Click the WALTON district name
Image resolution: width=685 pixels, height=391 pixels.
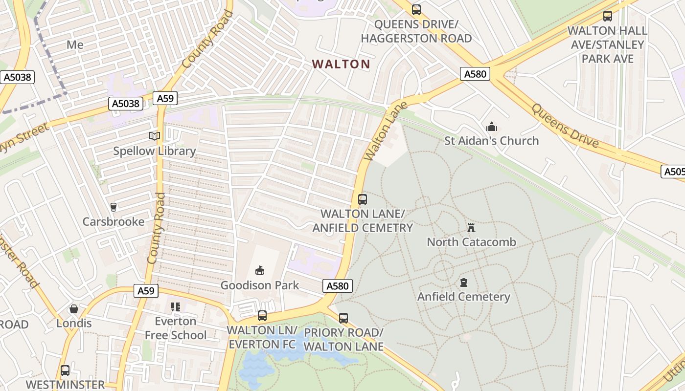pos(341,64)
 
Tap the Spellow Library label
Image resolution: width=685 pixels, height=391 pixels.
pos(155,151)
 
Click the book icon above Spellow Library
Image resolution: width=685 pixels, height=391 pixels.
pos(155,136)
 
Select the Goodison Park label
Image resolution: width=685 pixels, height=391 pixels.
pos(259,285)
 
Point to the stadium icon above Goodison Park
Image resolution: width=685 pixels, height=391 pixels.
pos(259,270)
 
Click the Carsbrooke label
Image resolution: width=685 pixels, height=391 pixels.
pos(114,221)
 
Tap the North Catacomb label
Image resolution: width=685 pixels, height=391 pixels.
pos(471,242)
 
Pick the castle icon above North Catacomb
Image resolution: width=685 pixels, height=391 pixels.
pos(471,227)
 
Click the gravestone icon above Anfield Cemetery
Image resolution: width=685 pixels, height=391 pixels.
pos(464,282)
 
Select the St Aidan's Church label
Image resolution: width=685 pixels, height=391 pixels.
pos(491,141)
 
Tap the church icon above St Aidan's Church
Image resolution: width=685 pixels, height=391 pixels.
pos(491,127)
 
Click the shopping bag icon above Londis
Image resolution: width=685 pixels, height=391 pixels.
pos(74,309)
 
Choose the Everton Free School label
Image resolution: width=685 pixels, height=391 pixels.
pos(175,328)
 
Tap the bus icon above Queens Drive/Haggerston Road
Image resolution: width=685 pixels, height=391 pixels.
pos(416,9)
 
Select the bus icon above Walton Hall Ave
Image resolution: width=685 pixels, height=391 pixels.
pos(607,16)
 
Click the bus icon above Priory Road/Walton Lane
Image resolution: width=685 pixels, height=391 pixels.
pos(343,318)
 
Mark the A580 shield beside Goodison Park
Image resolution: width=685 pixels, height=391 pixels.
pos(338,286)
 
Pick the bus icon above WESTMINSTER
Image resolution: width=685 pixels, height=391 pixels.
pos(65,370)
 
